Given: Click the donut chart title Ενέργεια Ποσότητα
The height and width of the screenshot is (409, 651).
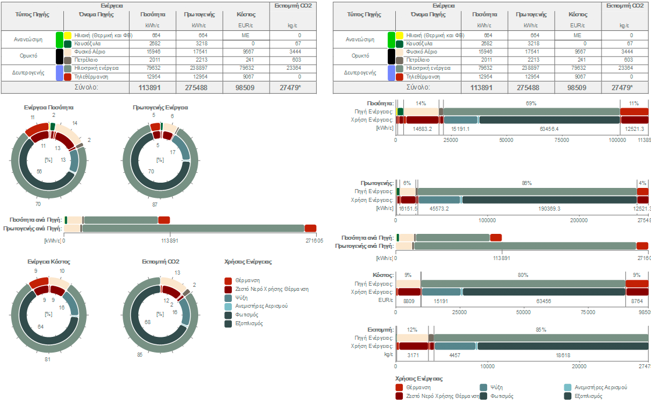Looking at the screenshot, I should [49, 108].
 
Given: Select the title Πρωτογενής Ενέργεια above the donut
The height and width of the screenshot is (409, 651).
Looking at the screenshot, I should [160, 108].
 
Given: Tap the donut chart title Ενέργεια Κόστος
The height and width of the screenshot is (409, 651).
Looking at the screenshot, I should [49, 262].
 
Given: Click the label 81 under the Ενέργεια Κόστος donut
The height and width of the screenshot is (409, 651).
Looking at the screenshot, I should [48, 359].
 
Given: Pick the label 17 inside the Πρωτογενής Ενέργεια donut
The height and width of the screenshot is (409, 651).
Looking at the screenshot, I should [173, 152].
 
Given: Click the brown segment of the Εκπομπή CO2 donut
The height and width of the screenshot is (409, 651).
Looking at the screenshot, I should [187, 291].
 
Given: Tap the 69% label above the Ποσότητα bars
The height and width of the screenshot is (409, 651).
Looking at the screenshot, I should [531, 103].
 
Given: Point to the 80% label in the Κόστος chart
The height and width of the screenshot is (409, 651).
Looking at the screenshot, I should [523, 275].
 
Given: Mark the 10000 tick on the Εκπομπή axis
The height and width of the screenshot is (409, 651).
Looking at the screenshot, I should [487, 367].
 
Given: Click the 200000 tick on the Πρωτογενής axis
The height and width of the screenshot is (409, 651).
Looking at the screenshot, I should [578, 220].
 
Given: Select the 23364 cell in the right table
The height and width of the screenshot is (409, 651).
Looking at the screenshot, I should [623, 68].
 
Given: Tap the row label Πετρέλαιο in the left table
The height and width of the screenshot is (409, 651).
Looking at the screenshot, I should [85, 60].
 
